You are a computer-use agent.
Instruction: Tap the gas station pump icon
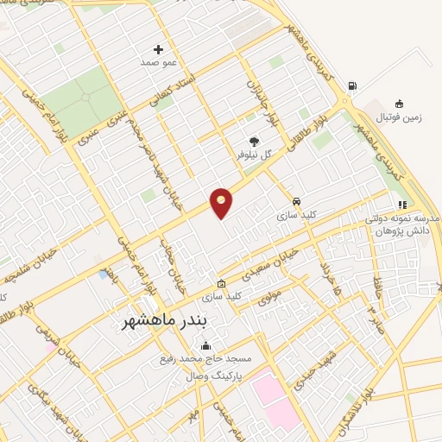pos(351,85)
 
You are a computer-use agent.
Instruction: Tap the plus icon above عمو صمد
pos(158,49)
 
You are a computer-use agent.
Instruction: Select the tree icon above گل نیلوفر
pos(254,141)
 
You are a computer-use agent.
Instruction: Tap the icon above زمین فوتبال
pos(399,102)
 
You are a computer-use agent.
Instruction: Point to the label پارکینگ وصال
pos(212,377)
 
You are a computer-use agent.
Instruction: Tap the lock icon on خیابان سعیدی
pos(222,283)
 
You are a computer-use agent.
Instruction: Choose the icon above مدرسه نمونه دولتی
pos(401,205)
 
